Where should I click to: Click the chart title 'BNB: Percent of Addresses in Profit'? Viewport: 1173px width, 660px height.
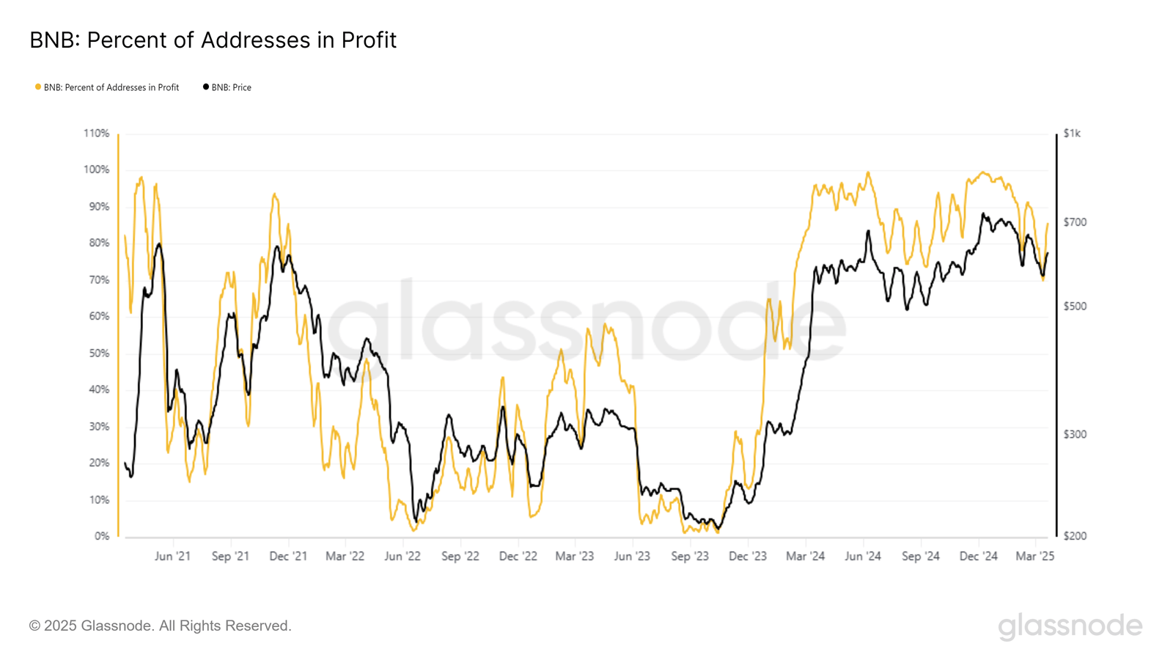click(213, 40)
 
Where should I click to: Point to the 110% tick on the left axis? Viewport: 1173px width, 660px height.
click(96, 133)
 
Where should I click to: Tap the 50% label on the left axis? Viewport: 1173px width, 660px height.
click(99, 353)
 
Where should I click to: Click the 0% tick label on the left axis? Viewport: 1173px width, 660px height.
click(102, 536)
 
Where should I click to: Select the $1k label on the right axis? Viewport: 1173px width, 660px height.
click(1072, 133)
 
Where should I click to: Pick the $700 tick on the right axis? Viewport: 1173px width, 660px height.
click(1075, 222)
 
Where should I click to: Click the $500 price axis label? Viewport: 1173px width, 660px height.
click(1075, 307)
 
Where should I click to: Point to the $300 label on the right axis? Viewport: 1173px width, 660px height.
click(1075, 435)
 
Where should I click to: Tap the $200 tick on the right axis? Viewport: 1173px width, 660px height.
click(1075, 536)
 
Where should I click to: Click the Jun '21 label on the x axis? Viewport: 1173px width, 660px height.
click(172, 557)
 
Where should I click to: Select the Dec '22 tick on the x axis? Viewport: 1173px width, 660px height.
click(518, 557)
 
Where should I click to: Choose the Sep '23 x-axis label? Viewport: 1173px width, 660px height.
click(690, 557)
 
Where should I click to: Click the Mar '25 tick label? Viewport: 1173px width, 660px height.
click(1034, 557)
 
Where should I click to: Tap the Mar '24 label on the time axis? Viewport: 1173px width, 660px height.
click(805, 557)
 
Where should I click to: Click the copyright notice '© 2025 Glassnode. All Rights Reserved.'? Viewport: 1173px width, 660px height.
click(161, 626)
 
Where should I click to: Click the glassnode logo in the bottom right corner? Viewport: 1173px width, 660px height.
click(1070, 626)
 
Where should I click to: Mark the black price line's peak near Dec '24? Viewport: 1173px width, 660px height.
click(983, 214)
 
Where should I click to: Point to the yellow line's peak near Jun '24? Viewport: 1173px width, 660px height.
click(868, 173)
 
